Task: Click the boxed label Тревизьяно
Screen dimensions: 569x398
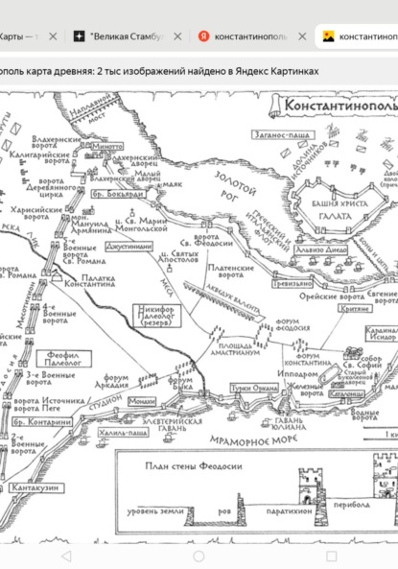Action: [x=293, y=284]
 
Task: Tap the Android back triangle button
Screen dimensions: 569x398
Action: [x=66, y=556]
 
